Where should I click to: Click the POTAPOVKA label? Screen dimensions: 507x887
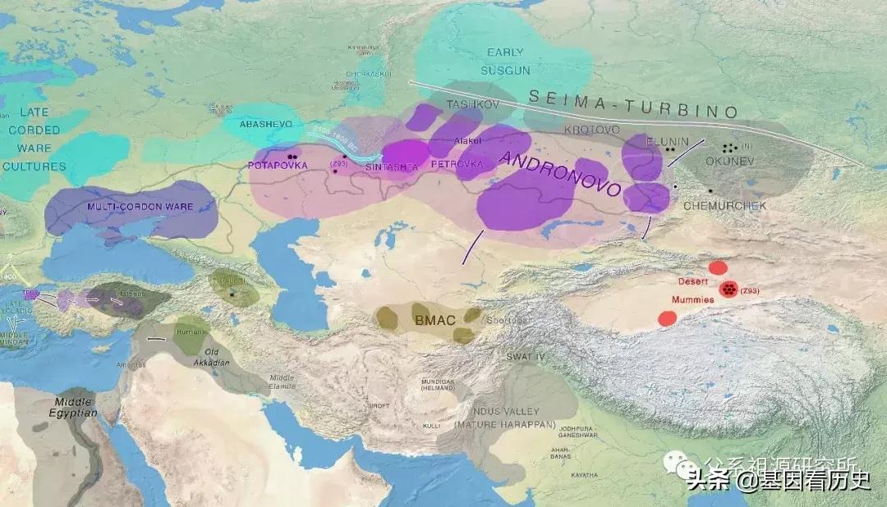click(277, 165)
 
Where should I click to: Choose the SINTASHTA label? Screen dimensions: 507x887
click(392, 167)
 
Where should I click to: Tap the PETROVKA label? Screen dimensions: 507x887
click(457, 164)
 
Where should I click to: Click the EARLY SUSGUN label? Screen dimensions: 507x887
click(506, 62)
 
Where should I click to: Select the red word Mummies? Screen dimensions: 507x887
click(695, 300)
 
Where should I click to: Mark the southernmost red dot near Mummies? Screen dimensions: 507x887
click(667, 318)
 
